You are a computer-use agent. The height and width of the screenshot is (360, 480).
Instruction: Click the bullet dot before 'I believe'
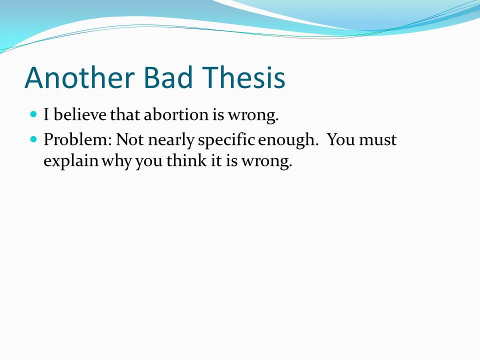pyautogui.click(x=33, y=114)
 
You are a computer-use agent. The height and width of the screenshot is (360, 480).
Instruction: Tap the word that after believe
pyautogui.click(x=125, y=114)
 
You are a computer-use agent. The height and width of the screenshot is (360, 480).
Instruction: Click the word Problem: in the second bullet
pyautogui.click(x=78, y=139)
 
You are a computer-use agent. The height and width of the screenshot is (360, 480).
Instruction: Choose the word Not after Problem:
pyautogui.click(x=130, y=139)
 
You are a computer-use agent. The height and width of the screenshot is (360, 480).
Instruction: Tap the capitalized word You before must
pyautogui.click(x=341, y=139)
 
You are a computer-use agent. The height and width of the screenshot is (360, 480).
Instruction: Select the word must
pyautogui.click(x=378, y=140)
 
